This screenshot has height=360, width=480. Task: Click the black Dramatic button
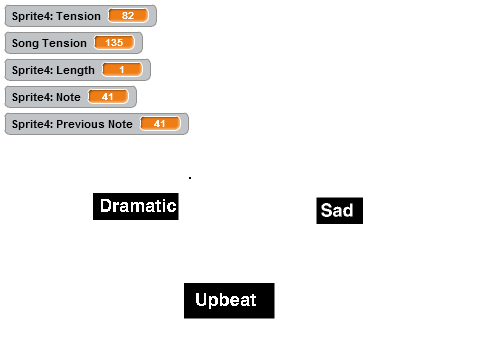click(x=136, y=206)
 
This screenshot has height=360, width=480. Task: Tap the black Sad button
click(x=339, y=211)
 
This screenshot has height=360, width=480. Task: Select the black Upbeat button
click(x=229, y=301)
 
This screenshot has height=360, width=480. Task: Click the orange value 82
click(x=128, y=16)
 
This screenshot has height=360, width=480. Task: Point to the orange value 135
click(x=114, y=43)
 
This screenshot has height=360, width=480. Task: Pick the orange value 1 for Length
click(x=122, y=70)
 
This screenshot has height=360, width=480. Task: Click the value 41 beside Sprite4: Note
click(x=108, y=97)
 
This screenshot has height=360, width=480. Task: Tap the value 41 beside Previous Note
click(x=160, y=124)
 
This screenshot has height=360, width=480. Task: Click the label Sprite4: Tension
click(x=56, y=16)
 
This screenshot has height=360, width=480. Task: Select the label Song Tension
click(x=49, y=43)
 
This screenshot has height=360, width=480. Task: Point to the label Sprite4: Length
click(x=53, y=70)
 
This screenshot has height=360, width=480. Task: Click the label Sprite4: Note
click(x=46, y=97)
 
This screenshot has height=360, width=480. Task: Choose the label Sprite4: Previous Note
click(x=72, y=124)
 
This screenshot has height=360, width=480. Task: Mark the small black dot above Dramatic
click(x=190, y=178)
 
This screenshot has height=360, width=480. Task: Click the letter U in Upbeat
click(x=202, y=299)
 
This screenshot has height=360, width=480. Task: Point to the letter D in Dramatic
click(x=106, y=205)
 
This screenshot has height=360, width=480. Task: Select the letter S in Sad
click(x=327, y=210)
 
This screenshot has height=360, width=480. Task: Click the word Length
click(x=75, y=70)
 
